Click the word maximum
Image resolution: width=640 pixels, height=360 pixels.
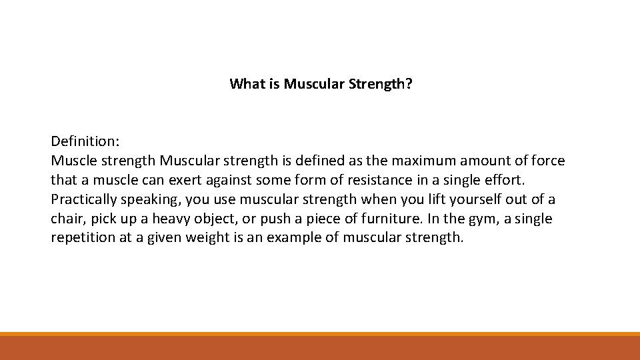(420, 161)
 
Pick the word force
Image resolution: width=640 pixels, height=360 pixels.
(548, 161)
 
